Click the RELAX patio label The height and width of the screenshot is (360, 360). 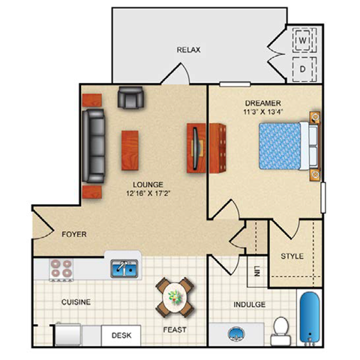[x=187, y=50]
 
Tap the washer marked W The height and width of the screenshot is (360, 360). [x=304, y=38]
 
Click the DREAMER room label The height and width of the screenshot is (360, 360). [x=262, y=103]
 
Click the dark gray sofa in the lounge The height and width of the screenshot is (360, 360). [x=95, y=145]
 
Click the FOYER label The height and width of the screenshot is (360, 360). [x=74, y=235]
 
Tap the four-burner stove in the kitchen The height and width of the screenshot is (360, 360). [x=61, y=269]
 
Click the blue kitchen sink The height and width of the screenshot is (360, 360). [x=124, y=268]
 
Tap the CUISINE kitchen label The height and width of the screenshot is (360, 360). [x=76, y=302]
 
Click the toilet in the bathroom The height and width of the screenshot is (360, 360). [x=280, y=326]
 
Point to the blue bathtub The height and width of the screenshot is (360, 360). [x=310, y=318]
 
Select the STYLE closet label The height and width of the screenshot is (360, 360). [x=292, y=256]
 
